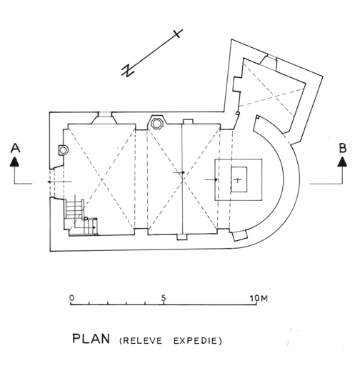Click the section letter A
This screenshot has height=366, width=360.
[15, 148]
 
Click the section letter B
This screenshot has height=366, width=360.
[343, 148]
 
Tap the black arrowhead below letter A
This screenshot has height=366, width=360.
[15, 162]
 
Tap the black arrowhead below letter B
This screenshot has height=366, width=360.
[343, 162]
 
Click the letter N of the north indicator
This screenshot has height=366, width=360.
[128, 70]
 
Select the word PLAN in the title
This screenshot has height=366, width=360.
[91, 339]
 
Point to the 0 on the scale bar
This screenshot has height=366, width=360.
[71, 298]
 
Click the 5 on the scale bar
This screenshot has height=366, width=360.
[164, 298]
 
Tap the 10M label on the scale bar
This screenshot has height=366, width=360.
[259, 298]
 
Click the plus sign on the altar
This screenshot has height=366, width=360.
[238, 179]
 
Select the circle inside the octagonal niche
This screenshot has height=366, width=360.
[156, 124]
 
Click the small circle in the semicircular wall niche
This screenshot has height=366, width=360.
[63, 150]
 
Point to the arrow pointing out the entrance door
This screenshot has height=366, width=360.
[59, 182]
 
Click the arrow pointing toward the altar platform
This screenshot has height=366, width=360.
[211, 179]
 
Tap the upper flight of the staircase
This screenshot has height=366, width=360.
[74, 208]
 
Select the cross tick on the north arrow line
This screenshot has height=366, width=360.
[177, 34]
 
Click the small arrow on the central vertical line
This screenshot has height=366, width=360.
[179, 172]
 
